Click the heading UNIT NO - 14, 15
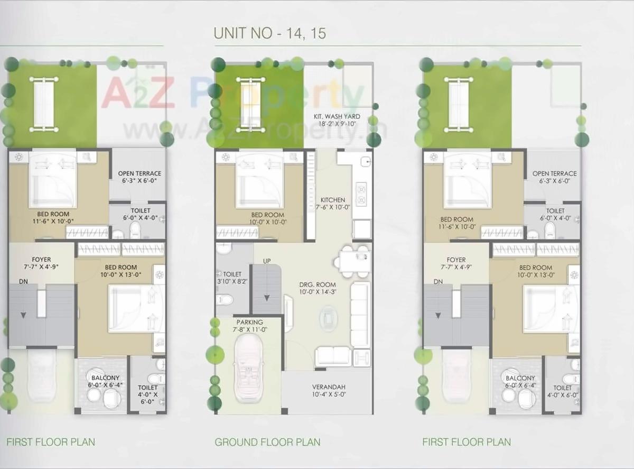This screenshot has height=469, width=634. [269, 33]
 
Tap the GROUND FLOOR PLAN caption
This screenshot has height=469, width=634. [267, 442]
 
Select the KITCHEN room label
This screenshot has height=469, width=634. [332, 200]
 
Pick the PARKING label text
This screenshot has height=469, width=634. [249, 322]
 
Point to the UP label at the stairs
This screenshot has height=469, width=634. [267, 261]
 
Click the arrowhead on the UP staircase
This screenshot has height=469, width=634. [267, 299]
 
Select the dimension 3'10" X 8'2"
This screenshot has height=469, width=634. [232, 282]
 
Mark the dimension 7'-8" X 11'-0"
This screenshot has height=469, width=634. [249, 329]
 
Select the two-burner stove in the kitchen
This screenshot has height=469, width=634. [362, 194]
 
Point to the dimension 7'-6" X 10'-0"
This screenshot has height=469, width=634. [332, 207]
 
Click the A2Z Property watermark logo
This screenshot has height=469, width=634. [232, 95]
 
